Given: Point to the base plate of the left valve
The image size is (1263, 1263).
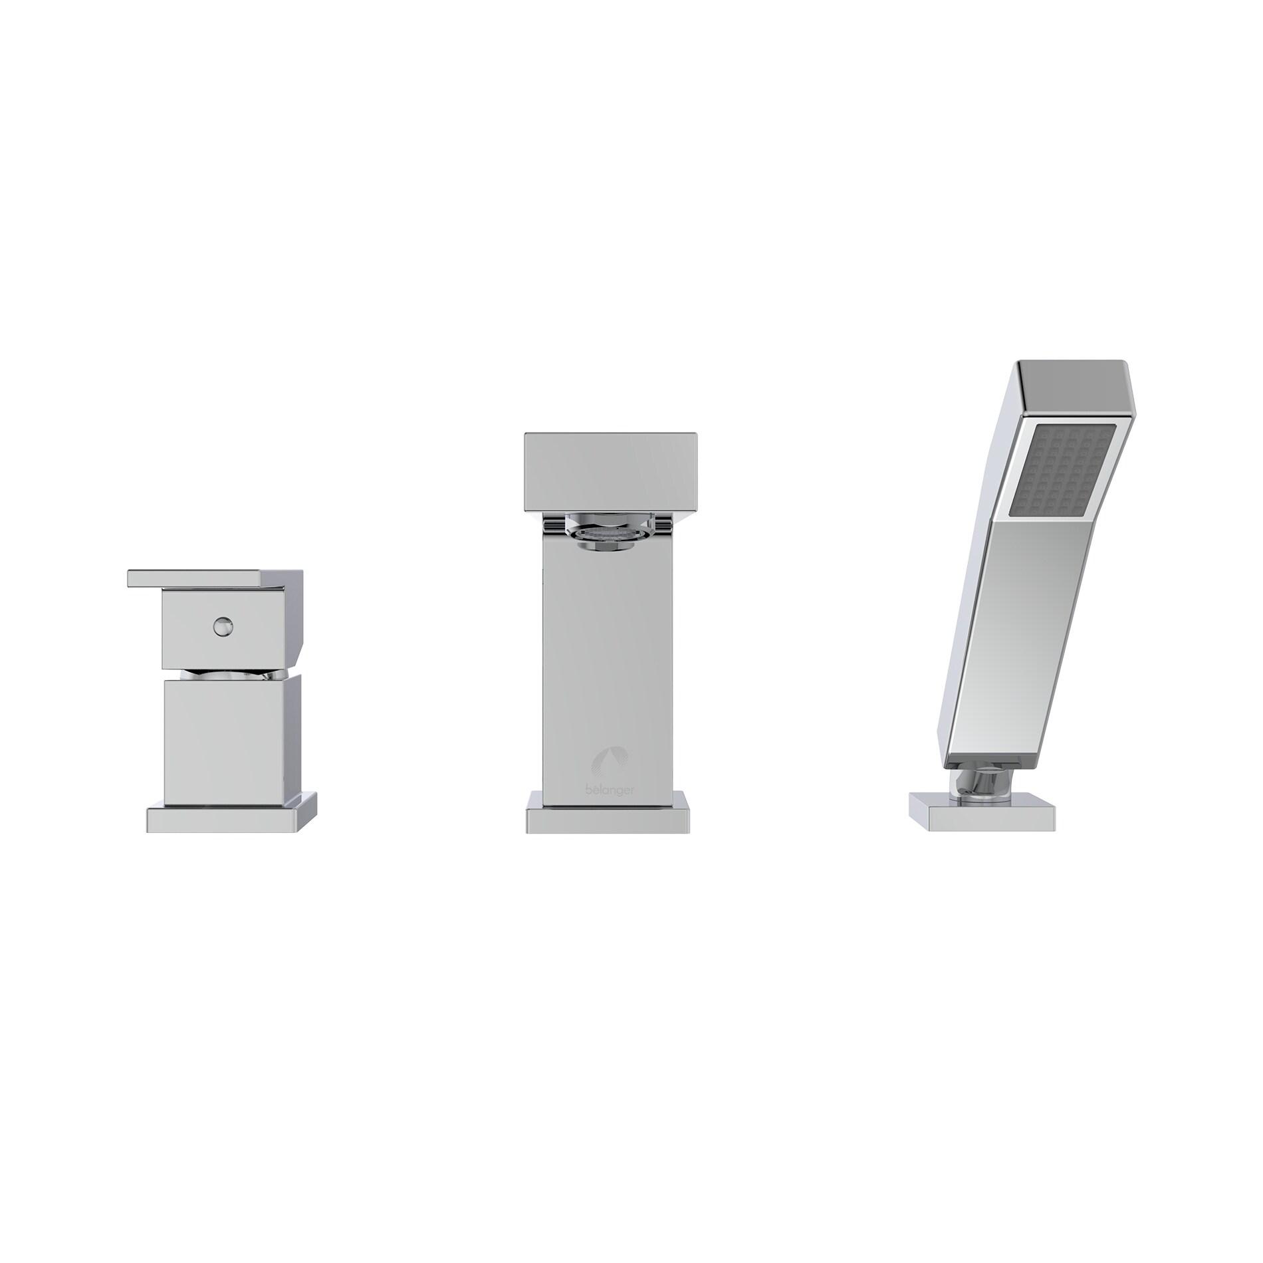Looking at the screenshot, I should [x=230, y=819].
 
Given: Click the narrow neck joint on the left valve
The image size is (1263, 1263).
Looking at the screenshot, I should [x=229, y=675].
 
